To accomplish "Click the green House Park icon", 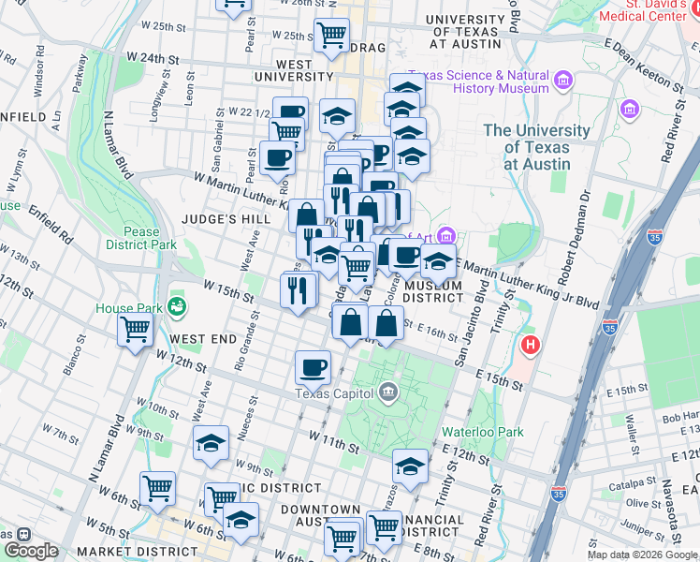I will tap(175, 306).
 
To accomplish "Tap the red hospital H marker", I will tap(531, 346).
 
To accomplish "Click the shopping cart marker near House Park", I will tap(135, 330).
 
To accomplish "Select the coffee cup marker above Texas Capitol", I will tap(313, 366).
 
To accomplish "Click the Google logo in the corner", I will tap(31, 551).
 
